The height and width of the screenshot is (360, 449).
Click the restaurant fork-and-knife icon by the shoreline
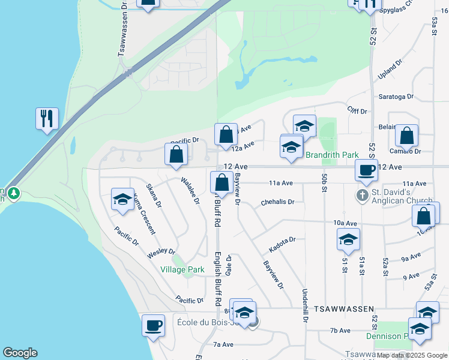pyautogui.click(x=47, y=118)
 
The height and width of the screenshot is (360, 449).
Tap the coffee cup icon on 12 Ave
pyautogui.click(x=366, y=170)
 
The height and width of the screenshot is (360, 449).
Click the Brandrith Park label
pyautogui.click(x=332, y=155)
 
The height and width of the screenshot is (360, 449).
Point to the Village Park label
pyautogui.click(x=182, y=270)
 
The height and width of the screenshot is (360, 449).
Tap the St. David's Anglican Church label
pyautogui.click(x=400, y=196)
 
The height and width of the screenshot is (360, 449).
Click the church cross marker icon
pyautogui.click(x=362, y=196)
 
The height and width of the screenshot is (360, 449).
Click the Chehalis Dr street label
pyautogui.click(x=277, y=202)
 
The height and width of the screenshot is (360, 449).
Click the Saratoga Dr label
pyautogui.click(x=396, y=96)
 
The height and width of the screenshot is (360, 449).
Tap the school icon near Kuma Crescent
pyautogui.click(x=122, y=199)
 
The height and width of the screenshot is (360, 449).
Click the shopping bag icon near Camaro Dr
pyautogui.click(x=407, y=136)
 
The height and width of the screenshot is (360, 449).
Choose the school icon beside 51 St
pyautogui.click(x=348, y=239)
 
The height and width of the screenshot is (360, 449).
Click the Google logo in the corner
pyautogui.click(x=20, y=353)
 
